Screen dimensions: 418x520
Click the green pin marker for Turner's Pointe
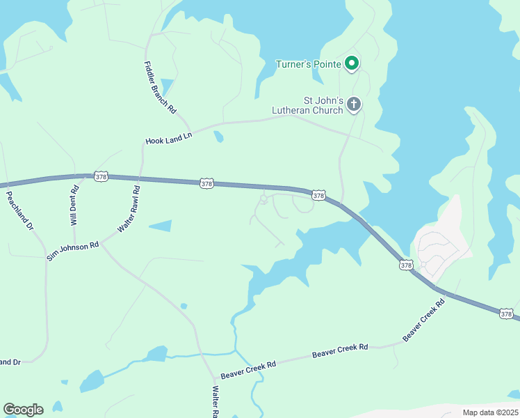tap(352, 63)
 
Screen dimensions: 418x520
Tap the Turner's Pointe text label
tap(308, 65)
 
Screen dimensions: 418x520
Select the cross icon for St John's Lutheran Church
tap(354, 104)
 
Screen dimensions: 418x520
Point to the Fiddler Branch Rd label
tap(160, 88)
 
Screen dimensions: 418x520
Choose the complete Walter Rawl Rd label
tap(130, 208)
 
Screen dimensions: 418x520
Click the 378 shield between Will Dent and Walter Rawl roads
tap(101, 177)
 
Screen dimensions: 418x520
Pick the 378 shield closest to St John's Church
tap(318, 196)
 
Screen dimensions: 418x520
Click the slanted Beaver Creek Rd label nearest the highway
tap(423, 320)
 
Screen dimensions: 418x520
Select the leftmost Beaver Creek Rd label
tap(248, 364)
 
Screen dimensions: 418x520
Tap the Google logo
tap(23, 410)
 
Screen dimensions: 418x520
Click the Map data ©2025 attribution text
tap(490, 412)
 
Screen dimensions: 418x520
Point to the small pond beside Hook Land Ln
tap(219, 136)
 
